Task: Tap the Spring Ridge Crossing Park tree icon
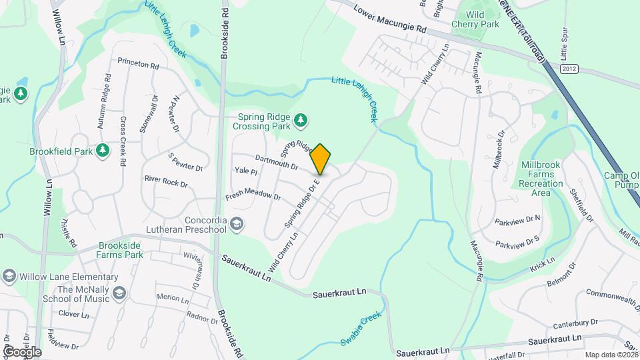tap(302, 120)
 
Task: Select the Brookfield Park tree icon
tap(102, 151)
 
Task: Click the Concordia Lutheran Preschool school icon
tap(237, 225)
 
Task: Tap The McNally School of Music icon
tap(119, 293)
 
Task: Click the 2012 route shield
tap(569, 69)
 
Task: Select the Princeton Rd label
tap(138, 65)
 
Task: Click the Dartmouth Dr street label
tap(276, 161)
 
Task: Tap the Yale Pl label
tap(246, 172)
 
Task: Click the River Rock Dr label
tap(166, 181)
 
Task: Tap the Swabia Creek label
tap(361, 329)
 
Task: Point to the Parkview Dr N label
tap(518, 219)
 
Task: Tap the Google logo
tap(22, 351)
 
